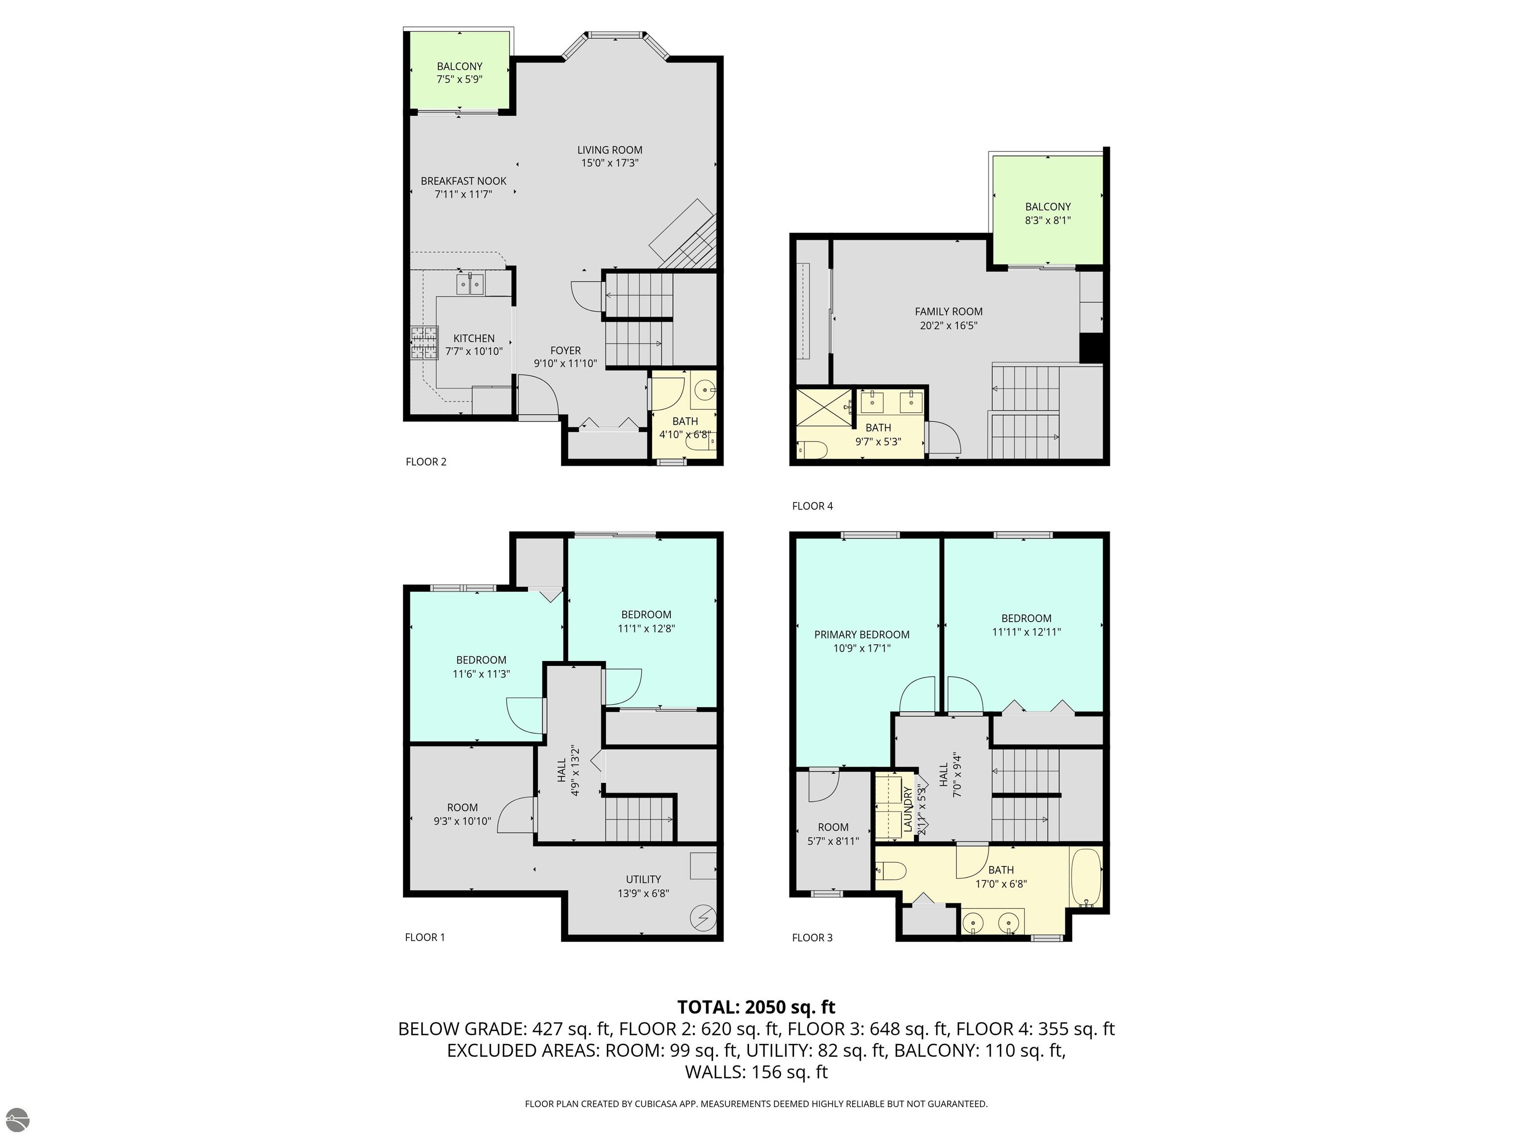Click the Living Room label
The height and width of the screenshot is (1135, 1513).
tap(609, 150)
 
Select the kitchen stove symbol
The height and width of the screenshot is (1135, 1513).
tap(424, 343)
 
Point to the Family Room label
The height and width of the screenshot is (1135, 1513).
tap(948, 311)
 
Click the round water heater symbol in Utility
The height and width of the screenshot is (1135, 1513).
tap(703, 917)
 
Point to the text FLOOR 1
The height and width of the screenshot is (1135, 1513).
tap(425, 937)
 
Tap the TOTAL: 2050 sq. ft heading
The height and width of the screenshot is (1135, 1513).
tap(756, 1007)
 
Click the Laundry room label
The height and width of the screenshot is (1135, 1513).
tap(908, 809)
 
